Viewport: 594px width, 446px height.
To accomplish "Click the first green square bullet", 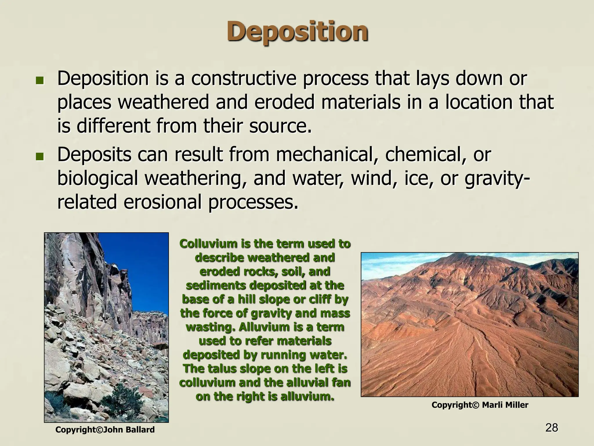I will pos(39,80).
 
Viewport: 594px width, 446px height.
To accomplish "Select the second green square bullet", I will pos(39,157).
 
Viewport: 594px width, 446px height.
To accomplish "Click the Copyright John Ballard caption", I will pos(105,430).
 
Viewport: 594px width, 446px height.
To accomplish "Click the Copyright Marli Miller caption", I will pos(480,405).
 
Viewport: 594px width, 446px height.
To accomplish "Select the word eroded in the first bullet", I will pos(284,102).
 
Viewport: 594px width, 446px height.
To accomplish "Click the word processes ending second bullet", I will pos(252,203).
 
